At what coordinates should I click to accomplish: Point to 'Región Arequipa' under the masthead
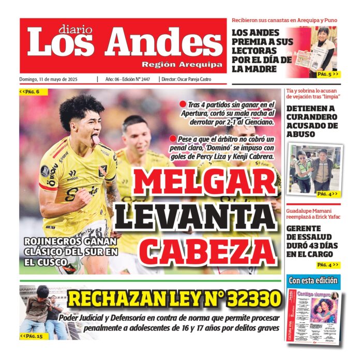click(182, 65)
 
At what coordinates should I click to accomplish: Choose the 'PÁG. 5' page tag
click(327, 74)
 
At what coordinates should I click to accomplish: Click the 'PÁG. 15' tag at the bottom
click(31, 336)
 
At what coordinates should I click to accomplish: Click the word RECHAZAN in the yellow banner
click(111, 299)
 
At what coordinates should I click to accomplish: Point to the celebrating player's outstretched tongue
click(95, 139)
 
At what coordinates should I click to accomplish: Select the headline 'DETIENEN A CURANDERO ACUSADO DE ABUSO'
click(312, 121)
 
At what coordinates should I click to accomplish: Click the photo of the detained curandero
click(315, 169)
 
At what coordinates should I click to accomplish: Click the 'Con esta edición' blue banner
click(313, 280)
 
